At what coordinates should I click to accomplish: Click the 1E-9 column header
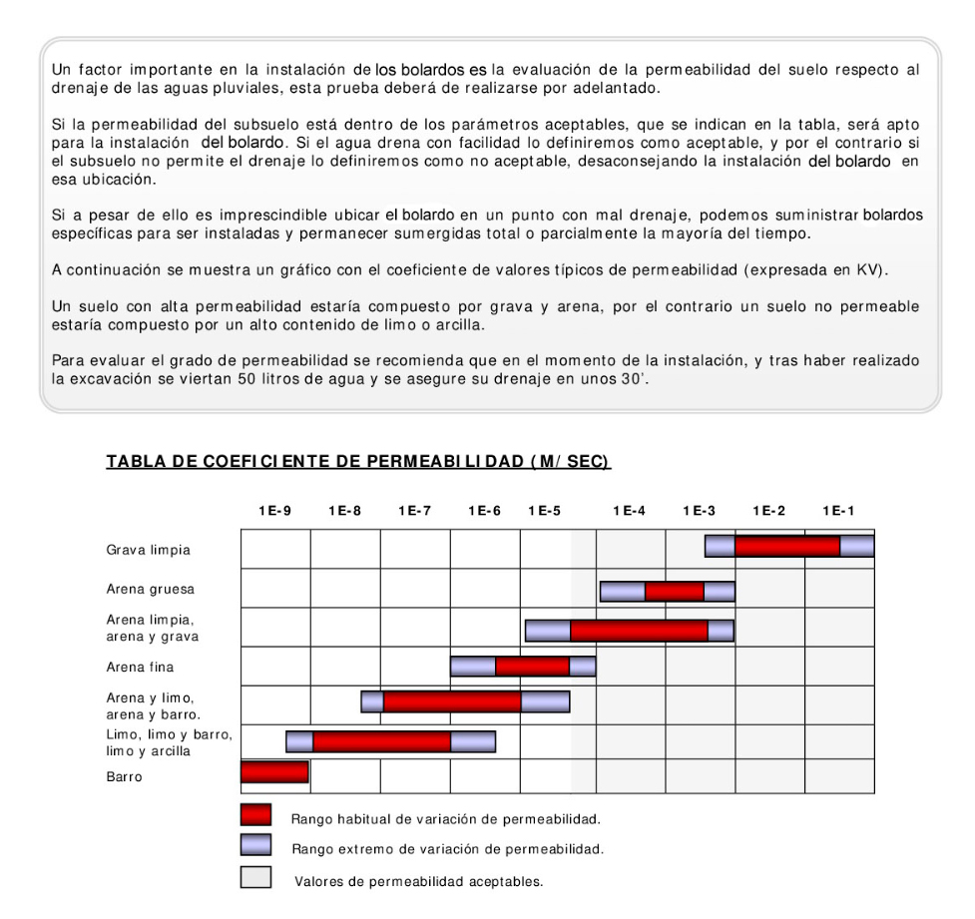(x=274, y=510)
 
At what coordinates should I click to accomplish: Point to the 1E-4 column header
(x=629, y=510)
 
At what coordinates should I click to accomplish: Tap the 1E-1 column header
(x=838, y=510)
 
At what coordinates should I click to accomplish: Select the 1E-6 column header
(x=484, y=510)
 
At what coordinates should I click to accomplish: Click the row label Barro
(x=123, y=777)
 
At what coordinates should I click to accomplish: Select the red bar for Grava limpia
(x=787, y=546)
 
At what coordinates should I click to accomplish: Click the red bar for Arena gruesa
(x=674, y=591)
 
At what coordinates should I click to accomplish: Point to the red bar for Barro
(x=274, y=771)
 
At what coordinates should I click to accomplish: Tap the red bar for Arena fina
(x=532, y=666)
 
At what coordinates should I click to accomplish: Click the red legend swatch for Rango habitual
(x=255, y=816)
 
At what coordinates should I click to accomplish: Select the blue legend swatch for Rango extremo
(x=255, y=847)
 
